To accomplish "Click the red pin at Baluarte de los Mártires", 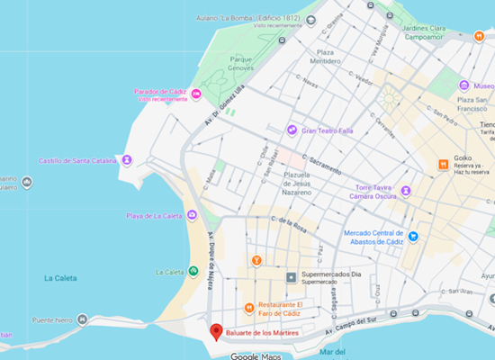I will (216, 331).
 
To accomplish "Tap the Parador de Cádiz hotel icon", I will (195, 94).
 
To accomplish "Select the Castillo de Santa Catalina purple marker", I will (127, 160).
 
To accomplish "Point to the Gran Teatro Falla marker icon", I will (292, 130).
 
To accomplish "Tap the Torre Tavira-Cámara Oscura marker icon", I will (406, 191).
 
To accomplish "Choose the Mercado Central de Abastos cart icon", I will (413, 237).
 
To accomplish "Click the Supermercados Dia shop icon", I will (291, 277).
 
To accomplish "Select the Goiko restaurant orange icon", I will (443, 165).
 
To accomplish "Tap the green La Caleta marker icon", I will (193, 272).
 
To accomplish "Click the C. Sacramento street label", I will (322, 163).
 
